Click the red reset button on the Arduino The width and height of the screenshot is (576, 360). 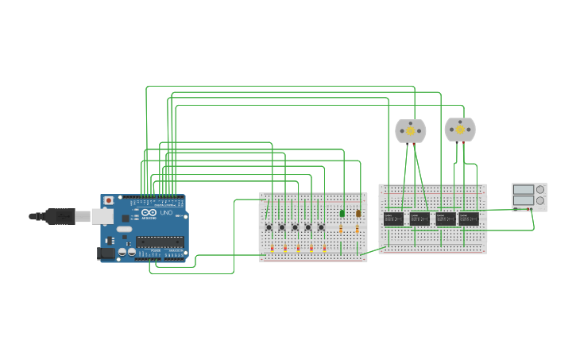[x=108, y=200]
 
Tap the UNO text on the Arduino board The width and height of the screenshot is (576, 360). [x=167, y=213]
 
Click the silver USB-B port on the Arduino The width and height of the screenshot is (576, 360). [x=102, y=215]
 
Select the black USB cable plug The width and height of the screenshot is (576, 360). [x=60, y=215]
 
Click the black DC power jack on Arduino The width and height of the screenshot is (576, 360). [x=104, y=254]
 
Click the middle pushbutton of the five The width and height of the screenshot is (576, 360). [x=295, y=227]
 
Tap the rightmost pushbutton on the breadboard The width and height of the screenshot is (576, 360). [x=321, y=227]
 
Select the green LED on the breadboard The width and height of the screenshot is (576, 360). [x=342, y=213]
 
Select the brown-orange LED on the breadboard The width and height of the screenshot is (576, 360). [x=358, y=213]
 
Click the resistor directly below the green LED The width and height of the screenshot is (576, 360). [x=342, y=229]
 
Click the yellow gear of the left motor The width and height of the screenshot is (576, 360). [x=411, y=130]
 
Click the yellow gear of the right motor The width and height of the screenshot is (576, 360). [x=460, y=129]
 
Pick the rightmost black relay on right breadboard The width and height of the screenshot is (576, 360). [x=469, y=219]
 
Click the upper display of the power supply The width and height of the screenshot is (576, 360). [x=524, y=190]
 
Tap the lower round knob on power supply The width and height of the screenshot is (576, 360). [x=541, y=201]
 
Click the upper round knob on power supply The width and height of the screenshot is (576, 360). [x=541, y=190]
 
